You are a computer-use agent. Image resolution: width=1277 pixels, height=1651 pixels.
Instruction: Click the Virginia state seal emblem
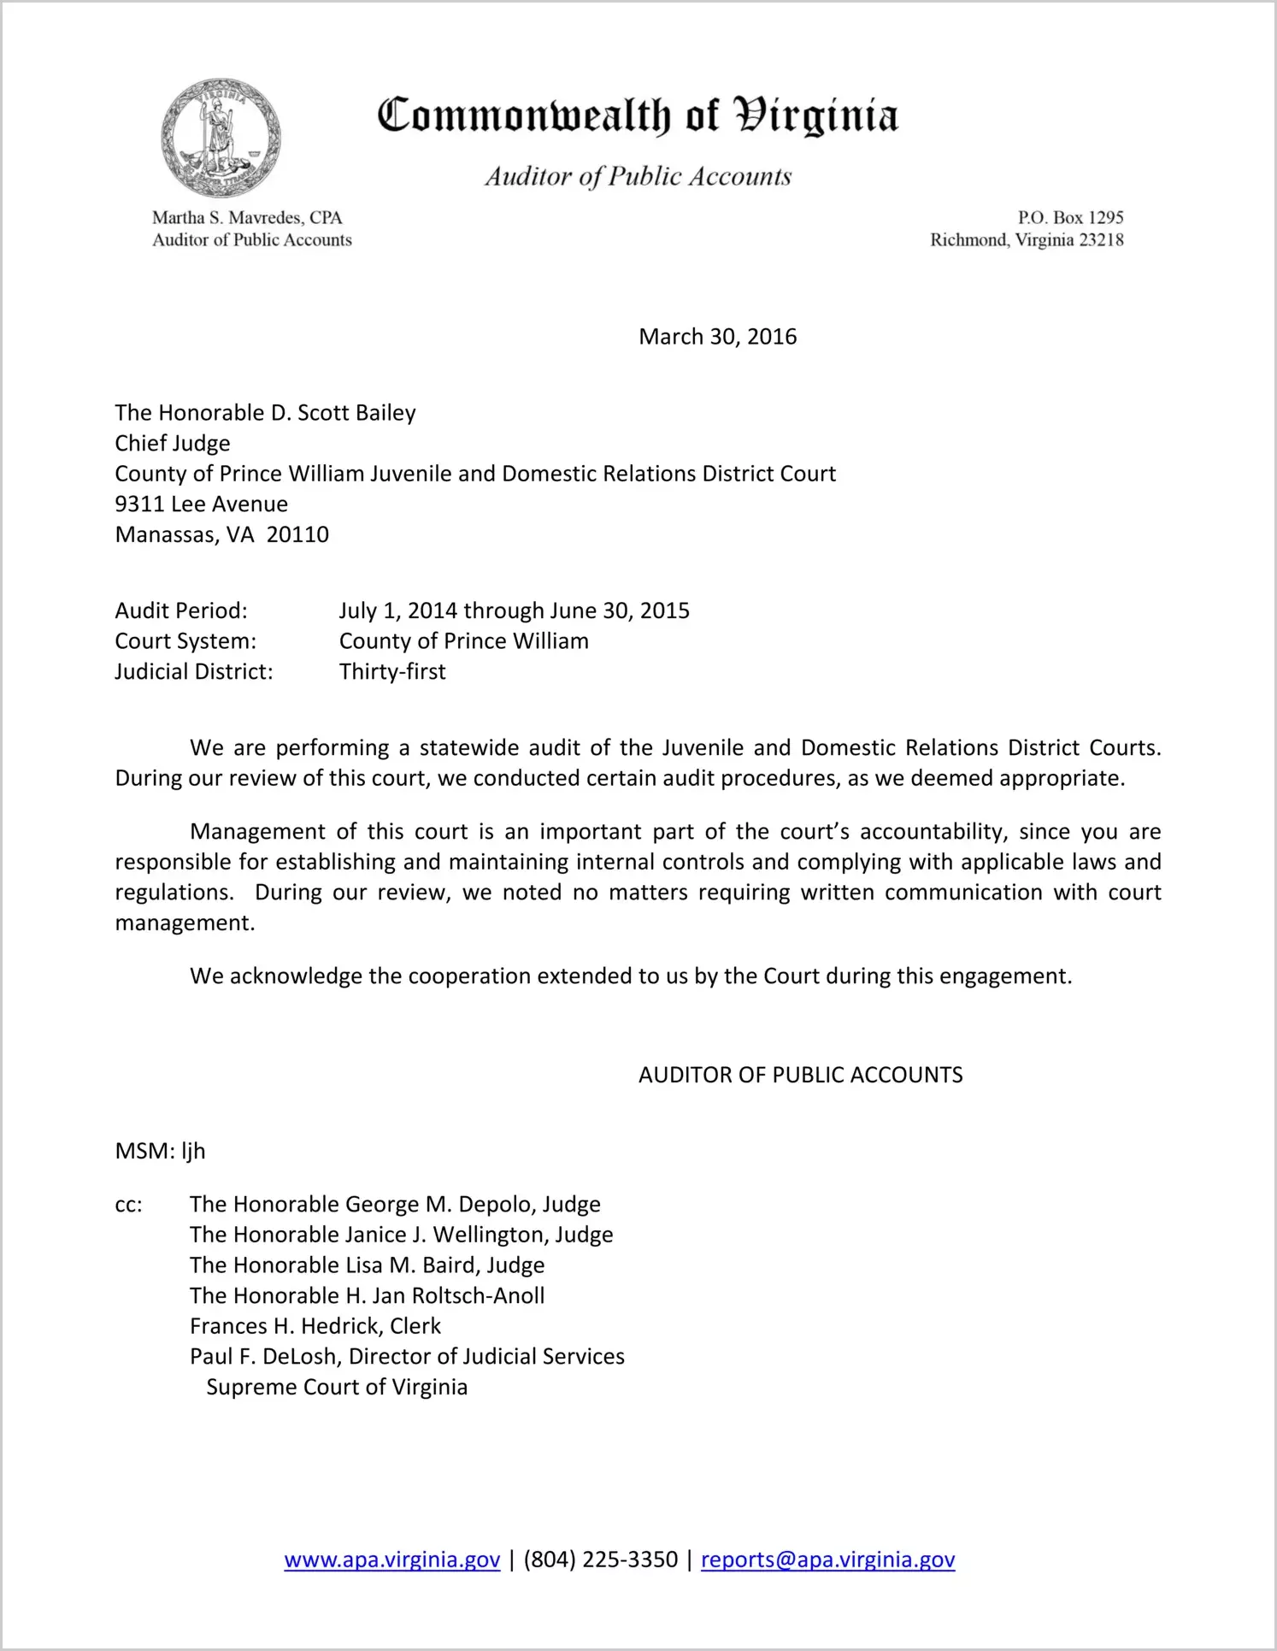point(221,138)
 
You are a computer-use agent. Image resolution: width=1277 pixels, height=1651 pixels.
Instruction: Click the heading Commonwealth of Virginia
point(638,115)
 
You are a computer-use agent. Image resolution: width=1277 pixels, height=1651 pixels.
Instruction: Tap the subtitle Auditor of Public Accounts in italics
point(638,176)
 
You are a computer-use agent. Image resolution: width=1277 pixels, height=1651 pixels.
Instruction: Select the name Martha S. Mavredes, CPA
point(247,218)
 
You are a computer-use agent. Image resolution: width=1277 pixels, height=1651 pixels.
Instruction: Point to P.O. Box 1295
point(1070,218)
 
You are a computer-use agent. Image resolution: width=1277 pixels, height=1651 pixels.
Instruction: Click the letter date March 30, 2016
point(717,337)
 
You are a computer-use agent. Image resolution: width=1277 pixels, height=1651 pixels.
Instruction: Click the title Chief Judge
point(173,443)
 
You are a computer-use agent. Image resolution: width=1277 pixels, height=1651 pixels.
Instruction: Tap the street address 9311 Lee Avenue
point(202,504)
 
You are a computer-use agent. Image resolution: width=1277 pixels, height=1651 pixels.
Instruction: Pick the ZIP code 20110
point(297,534)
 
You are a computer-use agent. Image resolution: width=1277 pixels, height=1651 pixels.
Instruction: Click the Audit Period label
point(181,610)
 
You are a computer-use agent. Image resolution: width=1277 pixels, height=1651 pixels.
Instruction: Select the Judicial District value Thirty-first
point(392,671)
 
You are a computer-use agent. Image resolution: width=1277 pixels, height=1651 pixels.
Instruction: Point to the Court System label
point(185,641)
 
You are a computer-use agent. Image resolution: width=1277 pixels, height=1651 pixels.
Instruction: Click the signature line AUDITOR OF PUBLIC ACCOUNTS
point(800,1075)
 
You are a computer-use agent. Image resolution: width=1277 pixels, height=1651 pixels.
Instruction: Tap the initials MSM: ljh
point(161,1151)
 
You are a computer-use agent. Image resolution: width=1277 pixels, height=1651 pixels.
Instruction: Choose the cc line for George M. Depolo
point(395,1204)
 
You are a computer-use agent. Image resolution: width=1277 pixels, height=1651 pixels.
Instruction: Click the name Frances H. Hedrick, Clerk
point(315,1325)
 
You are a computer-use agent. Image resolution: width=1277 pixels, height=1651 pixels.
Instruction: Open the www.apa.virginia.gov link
point(391,1560)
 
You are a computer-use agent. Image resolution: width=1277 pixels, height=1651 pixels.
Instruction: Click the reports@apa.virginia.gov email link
point(827,1560)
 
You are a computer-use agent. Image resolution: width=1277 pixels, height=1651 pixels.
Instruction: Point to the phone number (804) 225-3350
point(600,1560)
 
